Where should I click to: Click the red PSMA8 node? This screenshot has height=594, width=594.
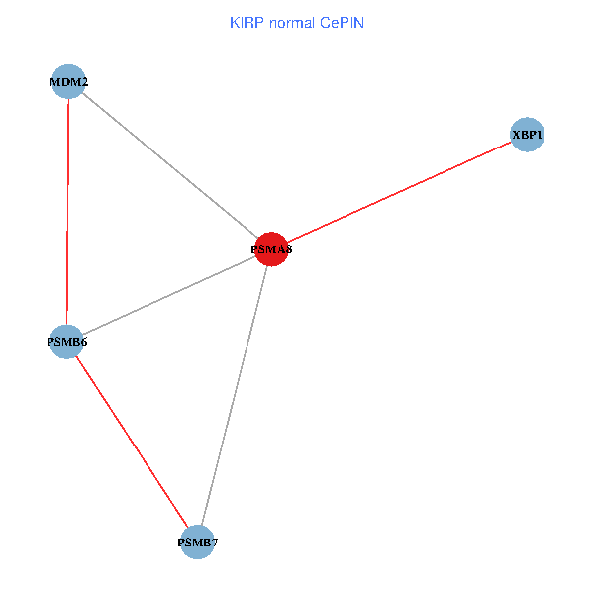[x=271, y=248]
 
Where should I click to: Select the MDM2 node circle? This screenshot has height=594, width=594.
[x=68, y=81]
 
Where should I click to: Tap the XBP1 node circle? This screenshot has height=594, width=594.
[x=528, y=135]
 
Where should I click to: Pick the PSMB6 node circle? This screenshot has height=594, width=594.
[x=66, y=342]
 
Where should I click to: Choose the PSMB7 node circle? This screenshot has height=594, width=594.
[x=197, y=542]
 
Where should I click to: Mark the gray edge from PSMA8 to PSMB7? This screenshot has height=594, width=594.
[x=235, y=395]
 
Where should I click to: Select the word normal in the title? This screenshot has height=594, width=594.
[x=292, y=22]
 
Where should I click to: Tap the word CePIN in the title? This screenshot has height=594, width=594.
[x=342, y=22]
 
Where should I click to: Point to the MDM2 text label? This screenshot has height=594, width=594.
[x=68, y=82]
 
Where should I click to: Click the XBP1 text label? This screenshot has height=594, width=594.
[x=528, y=135]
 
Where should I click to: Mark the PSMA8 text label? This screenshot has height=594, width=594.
[x=271, y=250]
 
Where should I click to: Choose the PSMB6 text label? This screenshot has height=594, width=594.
[x=66, y=343]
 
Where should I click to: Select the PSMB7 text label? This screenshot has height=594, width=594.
[x=197, y=543]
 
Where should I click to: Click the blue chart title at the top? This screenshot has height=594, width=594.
[x=296, y=22]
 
